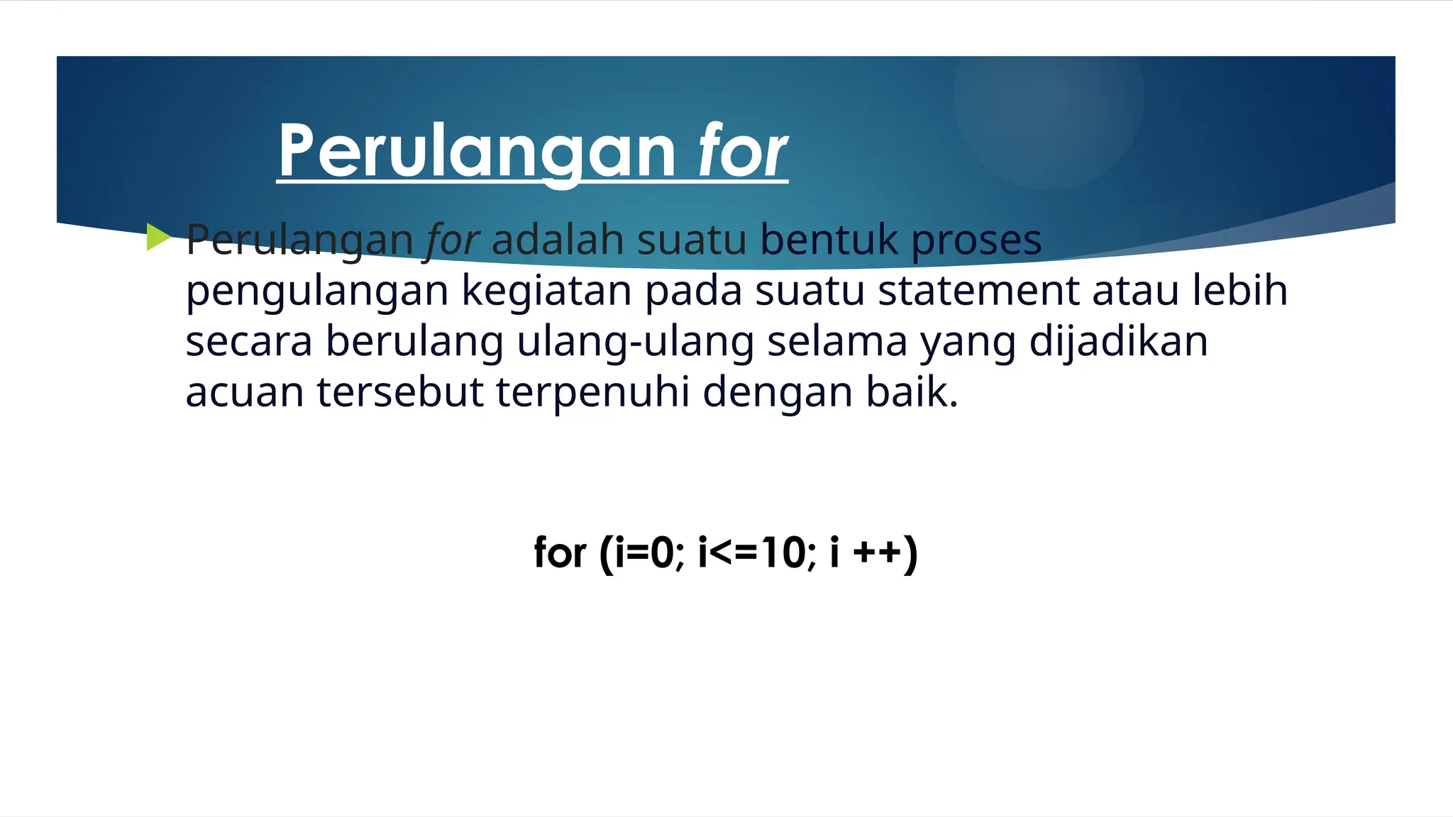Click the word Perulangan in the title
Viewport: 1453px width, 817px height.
tap(477, 150)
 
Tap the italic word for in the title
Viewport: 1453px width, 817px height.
tap(742, 150)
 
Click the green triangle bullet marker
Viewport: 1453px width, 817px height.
tap(158, 237)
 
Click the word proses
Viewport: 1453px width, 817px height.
tap(976, 241)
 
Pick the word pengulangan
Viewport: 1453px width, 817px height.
tap(317, 291)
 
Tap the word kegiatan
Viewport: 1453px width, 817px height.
tap(546, 291)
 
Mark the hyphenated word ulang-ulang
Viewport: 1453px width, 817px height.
tap(635, 342)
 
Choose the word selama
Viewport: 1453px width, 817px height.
tap(837, 341)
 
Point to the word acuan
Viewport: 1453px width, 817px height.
tap(245, 392)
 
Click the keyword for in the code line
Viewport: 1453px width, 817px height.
tap(560, 552)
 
